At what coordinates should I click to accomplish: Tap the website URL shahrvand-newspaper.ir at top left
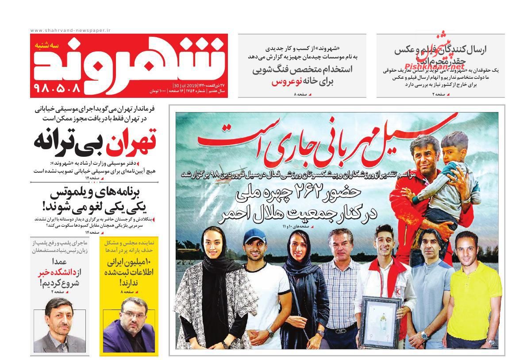(x=70, y=30)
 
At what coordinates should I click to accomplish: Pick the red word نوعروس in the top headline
(x=284, y=82)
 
